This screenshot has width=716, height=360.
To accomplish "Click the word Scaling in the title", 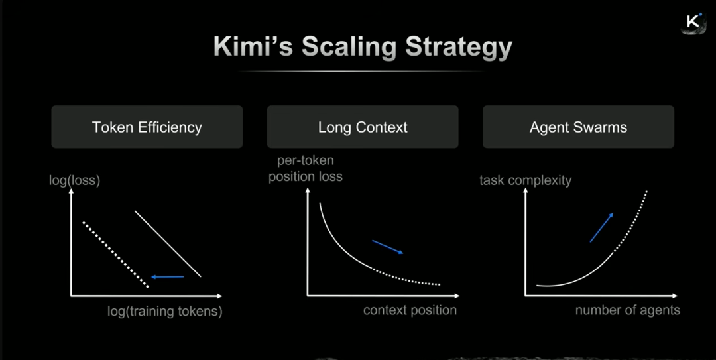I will pyautogui.click(x=349, y=47).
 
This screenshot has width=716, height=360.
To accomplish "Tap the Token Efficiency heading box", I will pyautogui.click(x=147, y=127).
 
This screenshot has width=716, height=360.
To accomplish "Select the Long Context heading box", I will pyautogui.click(x=363, y=127).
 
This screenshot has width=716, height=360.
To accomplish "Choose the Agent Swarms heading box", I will pyautogui.click(x=578, y=127).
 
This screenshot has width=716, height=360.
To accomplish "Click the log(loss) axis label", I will pyautogui.click(x=74, y=180).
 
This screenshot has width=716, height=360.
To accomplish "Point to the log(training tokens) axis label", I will pyautogui.click(x=164, y=311).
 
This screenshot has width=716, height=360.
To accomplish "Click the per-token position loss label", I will pyautogui.click(x=305, y=168).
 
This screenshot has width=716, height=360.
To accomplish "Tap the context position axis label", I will pyautogui.click(x=410, y=310).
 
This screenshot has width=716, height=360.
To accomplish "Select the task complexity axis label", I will pyautogui.click(x=525, y=180).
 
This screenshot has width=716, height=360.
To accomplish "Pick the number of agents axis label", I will pyautogui.click(x=627, y=310).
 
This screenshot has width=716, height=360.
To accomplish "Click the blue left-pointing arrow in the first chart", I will pyautogui.click(x=167, y=276).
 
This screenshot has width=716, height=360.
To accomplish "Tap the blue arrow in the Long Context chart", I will pyautogui.click(x=388, y=247).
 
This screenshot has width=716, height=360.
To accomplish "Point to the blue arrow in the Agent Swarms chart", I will pyautogui.click(x=601, y=227).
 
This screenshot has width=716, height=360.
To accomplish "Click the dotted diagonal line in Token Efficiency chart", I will pyautogui.click(x=115, y=255).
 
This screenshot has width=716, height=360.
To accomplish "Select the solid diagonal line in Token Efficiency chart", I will pyautogui.click(x=168, y=243).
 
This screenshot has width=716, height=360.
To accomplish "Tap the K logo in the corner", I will pyautogui.click(x=693, y=22).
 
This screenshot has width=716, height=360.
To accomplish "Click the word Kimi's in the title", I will pyautogui.click(x=253, y=47).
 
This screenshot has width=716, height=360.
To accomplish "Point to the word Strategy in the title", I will pyautogui.click(x=459, y=47).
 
